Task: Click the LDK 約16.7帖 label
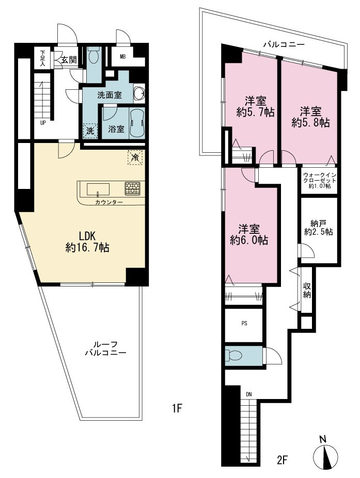coord(87,242)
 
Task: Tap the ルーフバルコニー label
coord(105,348)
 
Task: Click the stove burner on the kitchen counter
coord(132,188)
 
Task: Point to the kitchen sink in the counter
coord(98,189)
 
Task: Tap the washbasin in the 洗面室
coord(139,93)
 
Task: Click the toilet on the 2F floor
coord(234,355)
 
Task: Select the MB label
coord(123,56)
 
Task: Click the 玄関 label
coord(69,59)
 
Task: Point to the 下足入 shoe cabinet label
coord(42,58)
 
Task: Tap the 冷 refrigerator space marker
coord(135,157)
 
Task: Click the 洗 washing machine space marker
coord(90,131)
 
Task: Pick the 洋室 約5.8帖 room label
coord(310,117)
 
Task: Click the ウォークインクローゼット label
coord(319,181)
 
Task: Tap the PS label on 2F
coord(244,324)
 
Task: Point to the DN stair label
coord(249,394)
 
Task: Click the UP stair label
coord(43,123)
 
